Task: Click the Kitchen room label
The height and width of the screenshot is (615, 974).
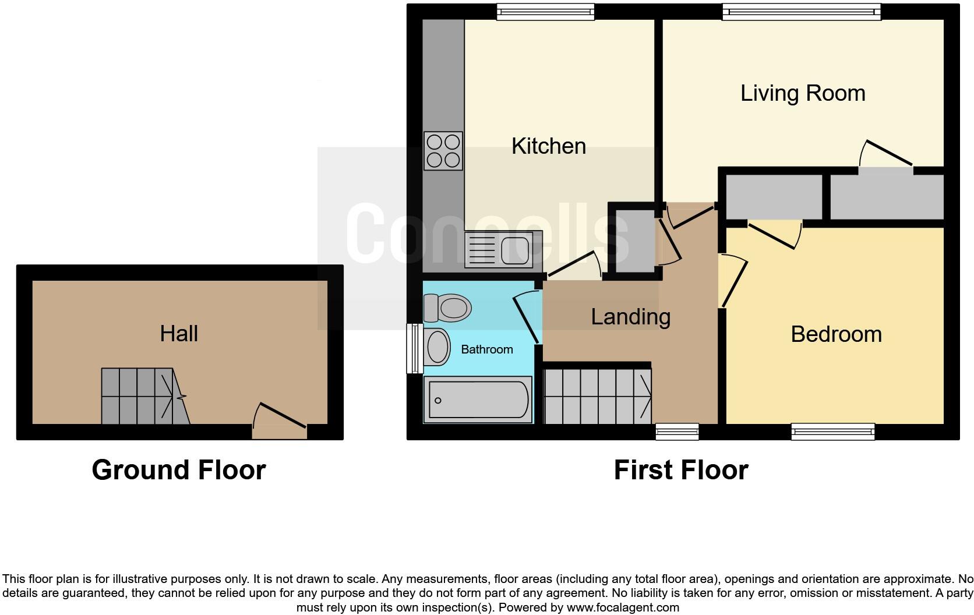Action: (x=548, y=146)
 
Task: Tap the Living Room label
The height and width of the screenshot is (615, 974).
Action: (x=802, y=93)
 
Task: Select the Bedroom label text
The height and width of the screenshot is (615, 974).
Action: (x=836, y=334)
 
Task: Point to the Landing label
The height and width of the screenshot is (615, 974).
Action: (x=630, y=317)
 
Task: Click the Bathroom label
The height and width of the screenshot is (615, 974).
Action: (x=486, y=349)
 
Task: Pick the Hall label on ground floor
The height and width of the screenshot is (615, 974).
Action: (x=179, y=334)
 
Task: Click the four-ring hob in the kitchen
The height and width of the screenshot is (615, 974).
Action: (x=443, y=151)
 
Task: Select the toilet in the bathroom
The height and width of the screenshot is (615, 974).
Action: (x=447, y=307)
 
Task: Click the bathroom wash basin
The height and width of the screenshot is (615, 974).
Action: (x=437, y=347)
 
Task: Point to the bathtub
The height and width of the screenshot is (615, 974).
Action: (x=478, y=400)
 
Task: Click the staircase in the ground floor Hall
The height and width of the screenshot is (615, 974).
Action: (x=144, y=396)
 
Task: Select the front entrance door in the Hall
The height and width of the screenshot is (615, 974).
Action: (x=280, y=424)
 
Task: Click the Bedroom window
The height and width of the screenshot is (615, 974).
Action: (x=832, y=432)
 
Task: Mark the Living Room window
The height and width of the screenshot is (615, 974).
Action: (x=801, y=12)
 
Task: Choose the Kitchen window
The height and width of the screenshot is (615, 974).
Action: (x=545, y=12)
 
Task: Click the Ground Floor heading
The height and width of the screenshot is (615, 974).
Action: (x=179, y=470)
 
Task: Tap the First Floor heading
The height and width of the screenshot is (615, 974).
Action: (x=680, y=470)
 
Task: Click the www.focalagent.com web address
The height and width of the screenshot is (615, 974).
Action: (x=623, y=607)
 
